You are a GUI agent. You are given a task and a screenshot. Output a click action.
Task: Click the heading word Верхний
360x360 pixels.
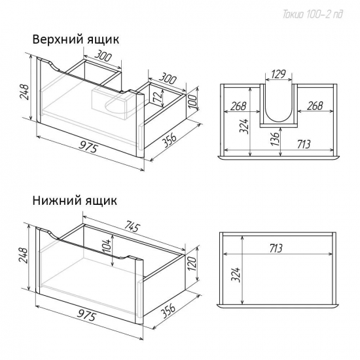pos(58,39)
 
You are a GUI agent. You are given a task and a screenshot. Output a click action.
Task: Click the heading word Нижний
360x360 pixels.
pos(56,200)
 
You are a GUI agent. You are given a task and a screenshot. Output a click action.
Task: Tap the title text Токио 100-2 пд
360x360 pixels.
pos(313,14)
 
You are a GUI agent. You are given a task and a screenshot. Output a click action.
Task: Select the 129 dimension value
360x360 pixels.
pos(278,74)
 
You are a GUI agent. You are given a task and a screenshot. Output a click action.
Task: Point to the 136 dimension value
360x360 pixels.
pos(276,137)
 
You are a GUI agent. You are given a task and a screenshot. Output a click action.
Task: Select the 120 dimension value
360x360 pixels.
pos(192,264)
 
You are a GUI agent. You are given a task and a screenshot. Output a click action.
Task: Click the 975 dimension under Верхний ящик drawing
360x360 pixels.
pos(88,147)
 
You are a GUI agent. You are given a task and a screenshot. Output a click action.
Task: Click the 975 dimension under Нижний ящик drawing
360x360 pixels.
pos(86,315)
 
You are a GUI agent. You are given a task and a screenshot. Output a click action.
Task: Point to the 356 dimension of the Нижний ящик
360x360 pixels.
pos(168,311)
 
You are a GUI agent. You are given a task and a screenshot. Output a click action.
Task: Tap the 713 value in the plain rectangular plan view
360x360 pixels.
pos(276,249)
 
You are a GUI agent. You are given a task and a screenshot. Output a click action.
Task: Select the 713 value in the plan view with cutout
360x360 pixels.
pos(304,144)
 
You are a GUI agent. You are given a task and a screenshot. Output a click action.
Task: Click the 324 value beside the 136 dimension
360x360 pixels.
pos(244,126)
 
